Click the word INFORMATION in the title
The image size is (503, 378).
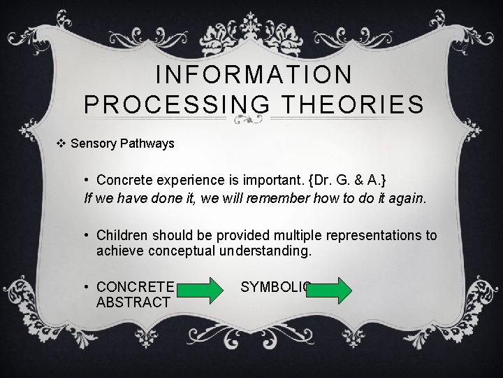pos(254,73)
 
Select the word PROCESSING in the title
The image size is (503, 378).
pos(177,104)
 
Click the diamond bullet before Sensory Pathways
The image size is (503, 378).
pos(61,143)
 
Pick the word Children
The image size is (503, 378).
pos(122,235)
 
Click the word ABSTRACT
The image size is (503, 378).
pos(133,302)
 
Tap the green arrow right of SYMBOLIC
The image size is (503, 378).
pos(330,290)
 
